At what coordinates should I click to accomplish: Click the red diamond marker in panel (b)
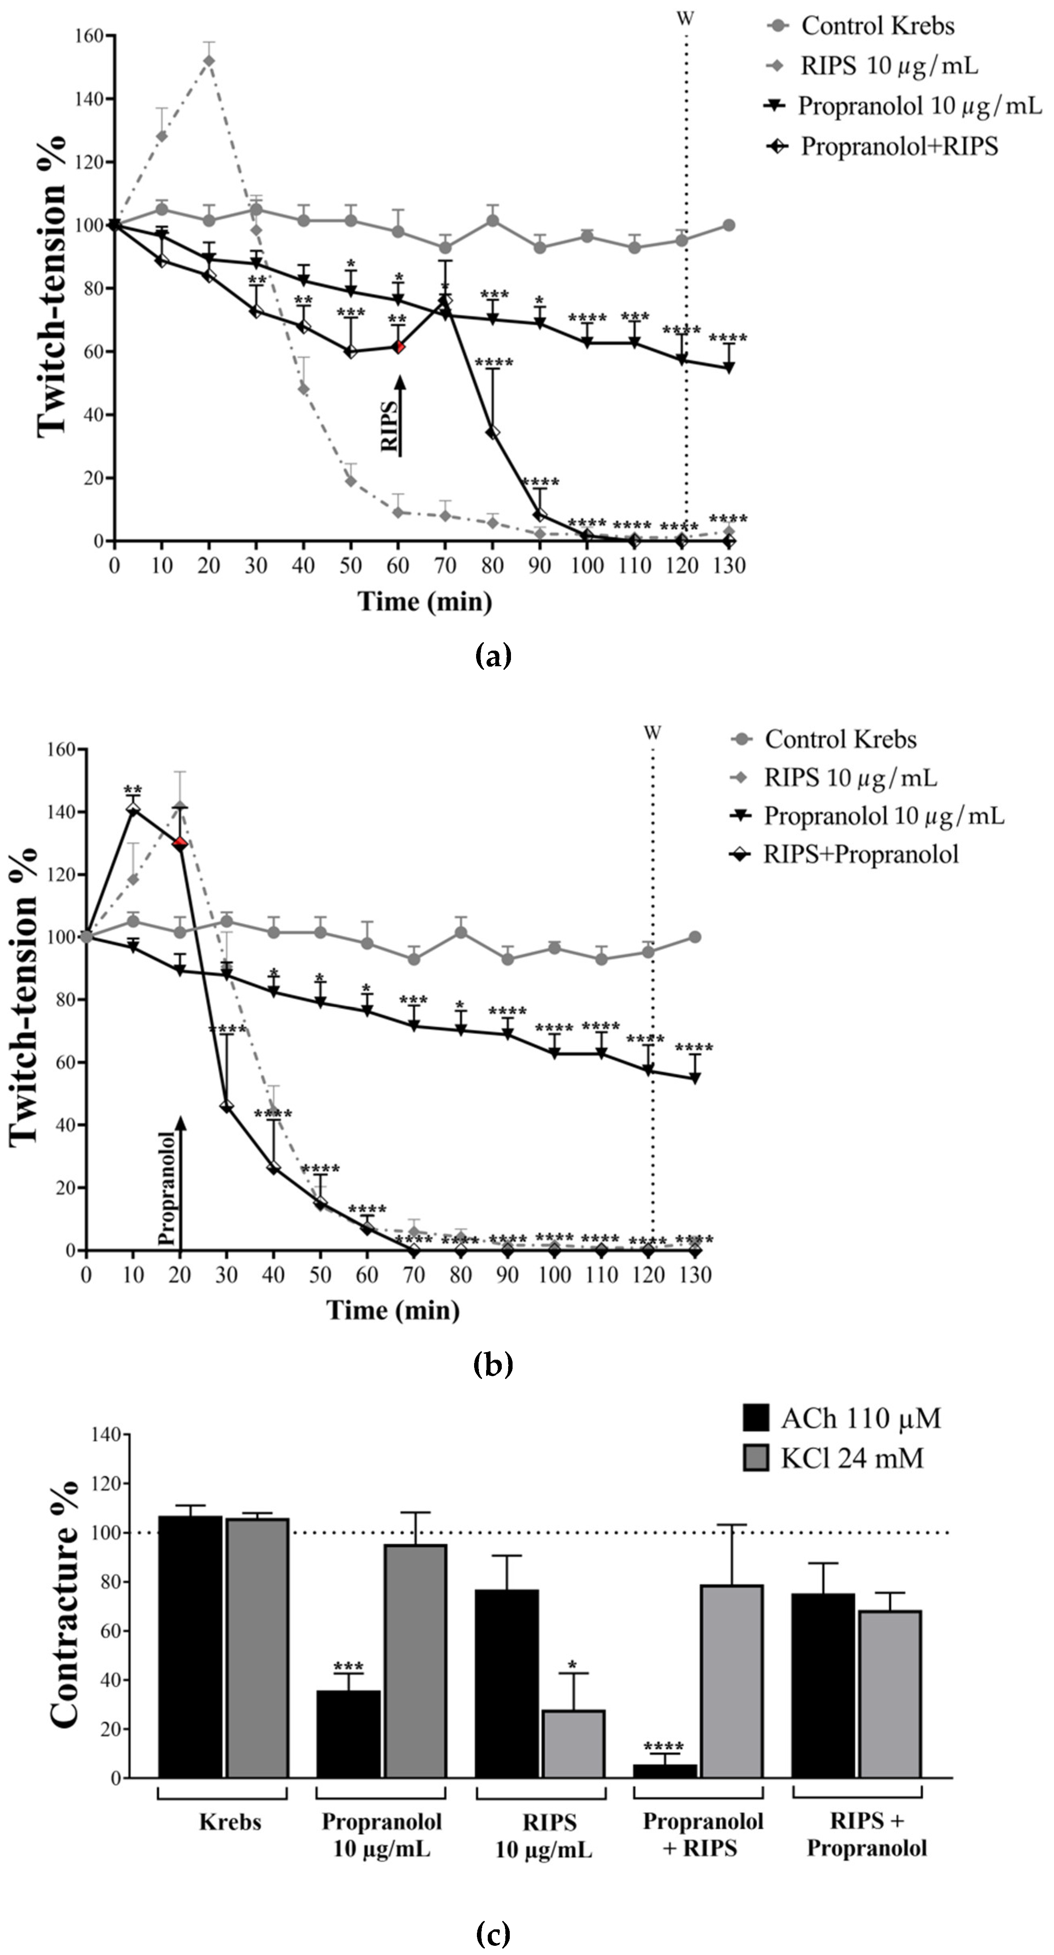(x=180, y=843)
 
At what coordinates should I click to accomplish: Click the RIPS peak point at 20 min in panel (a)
(x=209, y=61)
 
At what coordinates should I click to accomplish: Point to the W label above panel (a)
(x=685, y=18)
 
